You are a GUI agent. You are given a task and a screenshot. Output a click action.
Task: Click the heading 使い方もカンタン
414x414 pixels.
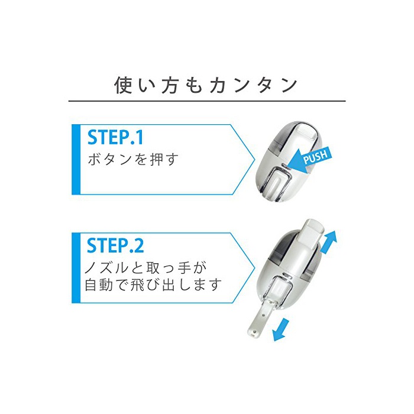tap(206, 86)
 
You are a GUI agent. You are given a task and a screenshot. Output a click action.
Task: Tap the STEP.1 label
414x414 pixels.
tap(115, 137)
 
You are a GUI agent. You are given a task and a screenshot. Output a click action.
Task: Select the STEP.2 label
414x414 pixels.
tap(115, 245)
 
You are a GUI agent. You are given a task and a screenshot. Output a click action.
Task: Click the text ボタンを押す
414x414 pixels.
tap(133, 159)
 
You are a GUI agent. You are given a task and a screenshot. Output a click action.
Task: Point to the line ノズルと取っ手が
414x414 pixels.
tap(145, 268)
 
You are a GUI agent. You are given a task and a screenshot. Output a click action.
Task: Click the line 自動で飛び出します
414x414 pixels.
tap(153, 284)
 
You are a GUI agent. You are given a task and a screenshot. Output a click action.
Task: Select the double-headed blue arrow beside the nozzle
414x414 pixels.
tap(329, 242)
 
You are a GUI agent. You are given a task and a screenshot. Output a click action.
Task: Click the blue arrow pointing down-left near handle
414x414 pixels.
tap(281, 329)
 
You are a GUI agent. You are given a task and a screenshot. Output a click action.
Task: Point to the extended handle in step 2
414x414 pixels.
tap(261, 312)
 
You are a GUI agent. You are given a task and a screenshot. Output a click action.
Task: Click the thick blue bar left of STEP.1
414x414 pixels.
tap(76, 160)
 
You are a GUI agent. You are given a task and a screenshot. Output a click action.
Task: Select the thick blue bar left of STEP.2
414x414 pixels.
tap(76, 268)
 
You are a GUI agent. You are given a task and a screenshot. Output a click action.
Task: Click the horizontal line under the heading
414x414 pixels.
tap(207, 101)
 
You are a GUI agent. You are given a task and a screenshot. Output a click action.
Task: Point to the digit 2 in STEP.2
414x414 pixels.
tap(139, 245)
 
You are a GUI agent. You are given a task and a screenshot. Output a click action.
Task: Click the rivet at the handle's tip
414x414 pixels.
tap(254, 330)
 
